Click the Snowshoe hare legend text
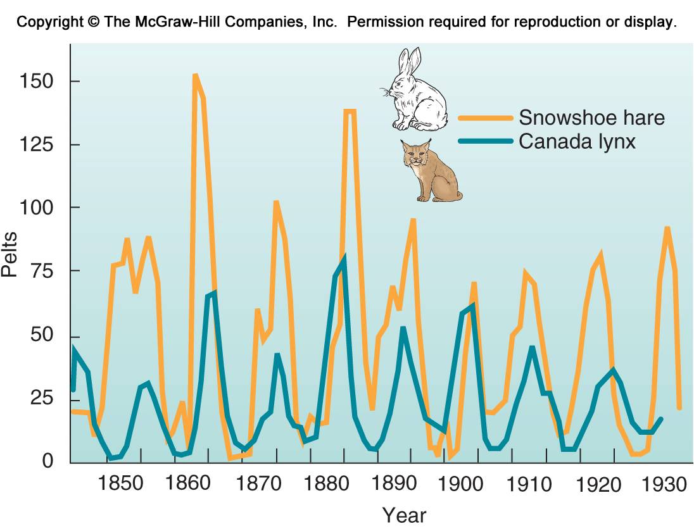coord(592,118)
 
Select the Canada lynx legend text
coord(577,141)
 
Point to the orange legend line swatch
coord(485,118)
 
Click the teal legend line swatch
coord(485,141)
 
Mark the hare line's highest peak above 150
coord(195,75)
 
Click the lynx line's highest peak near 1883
coord(344,258)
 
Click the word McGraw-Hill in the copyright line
coord(173,22)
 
